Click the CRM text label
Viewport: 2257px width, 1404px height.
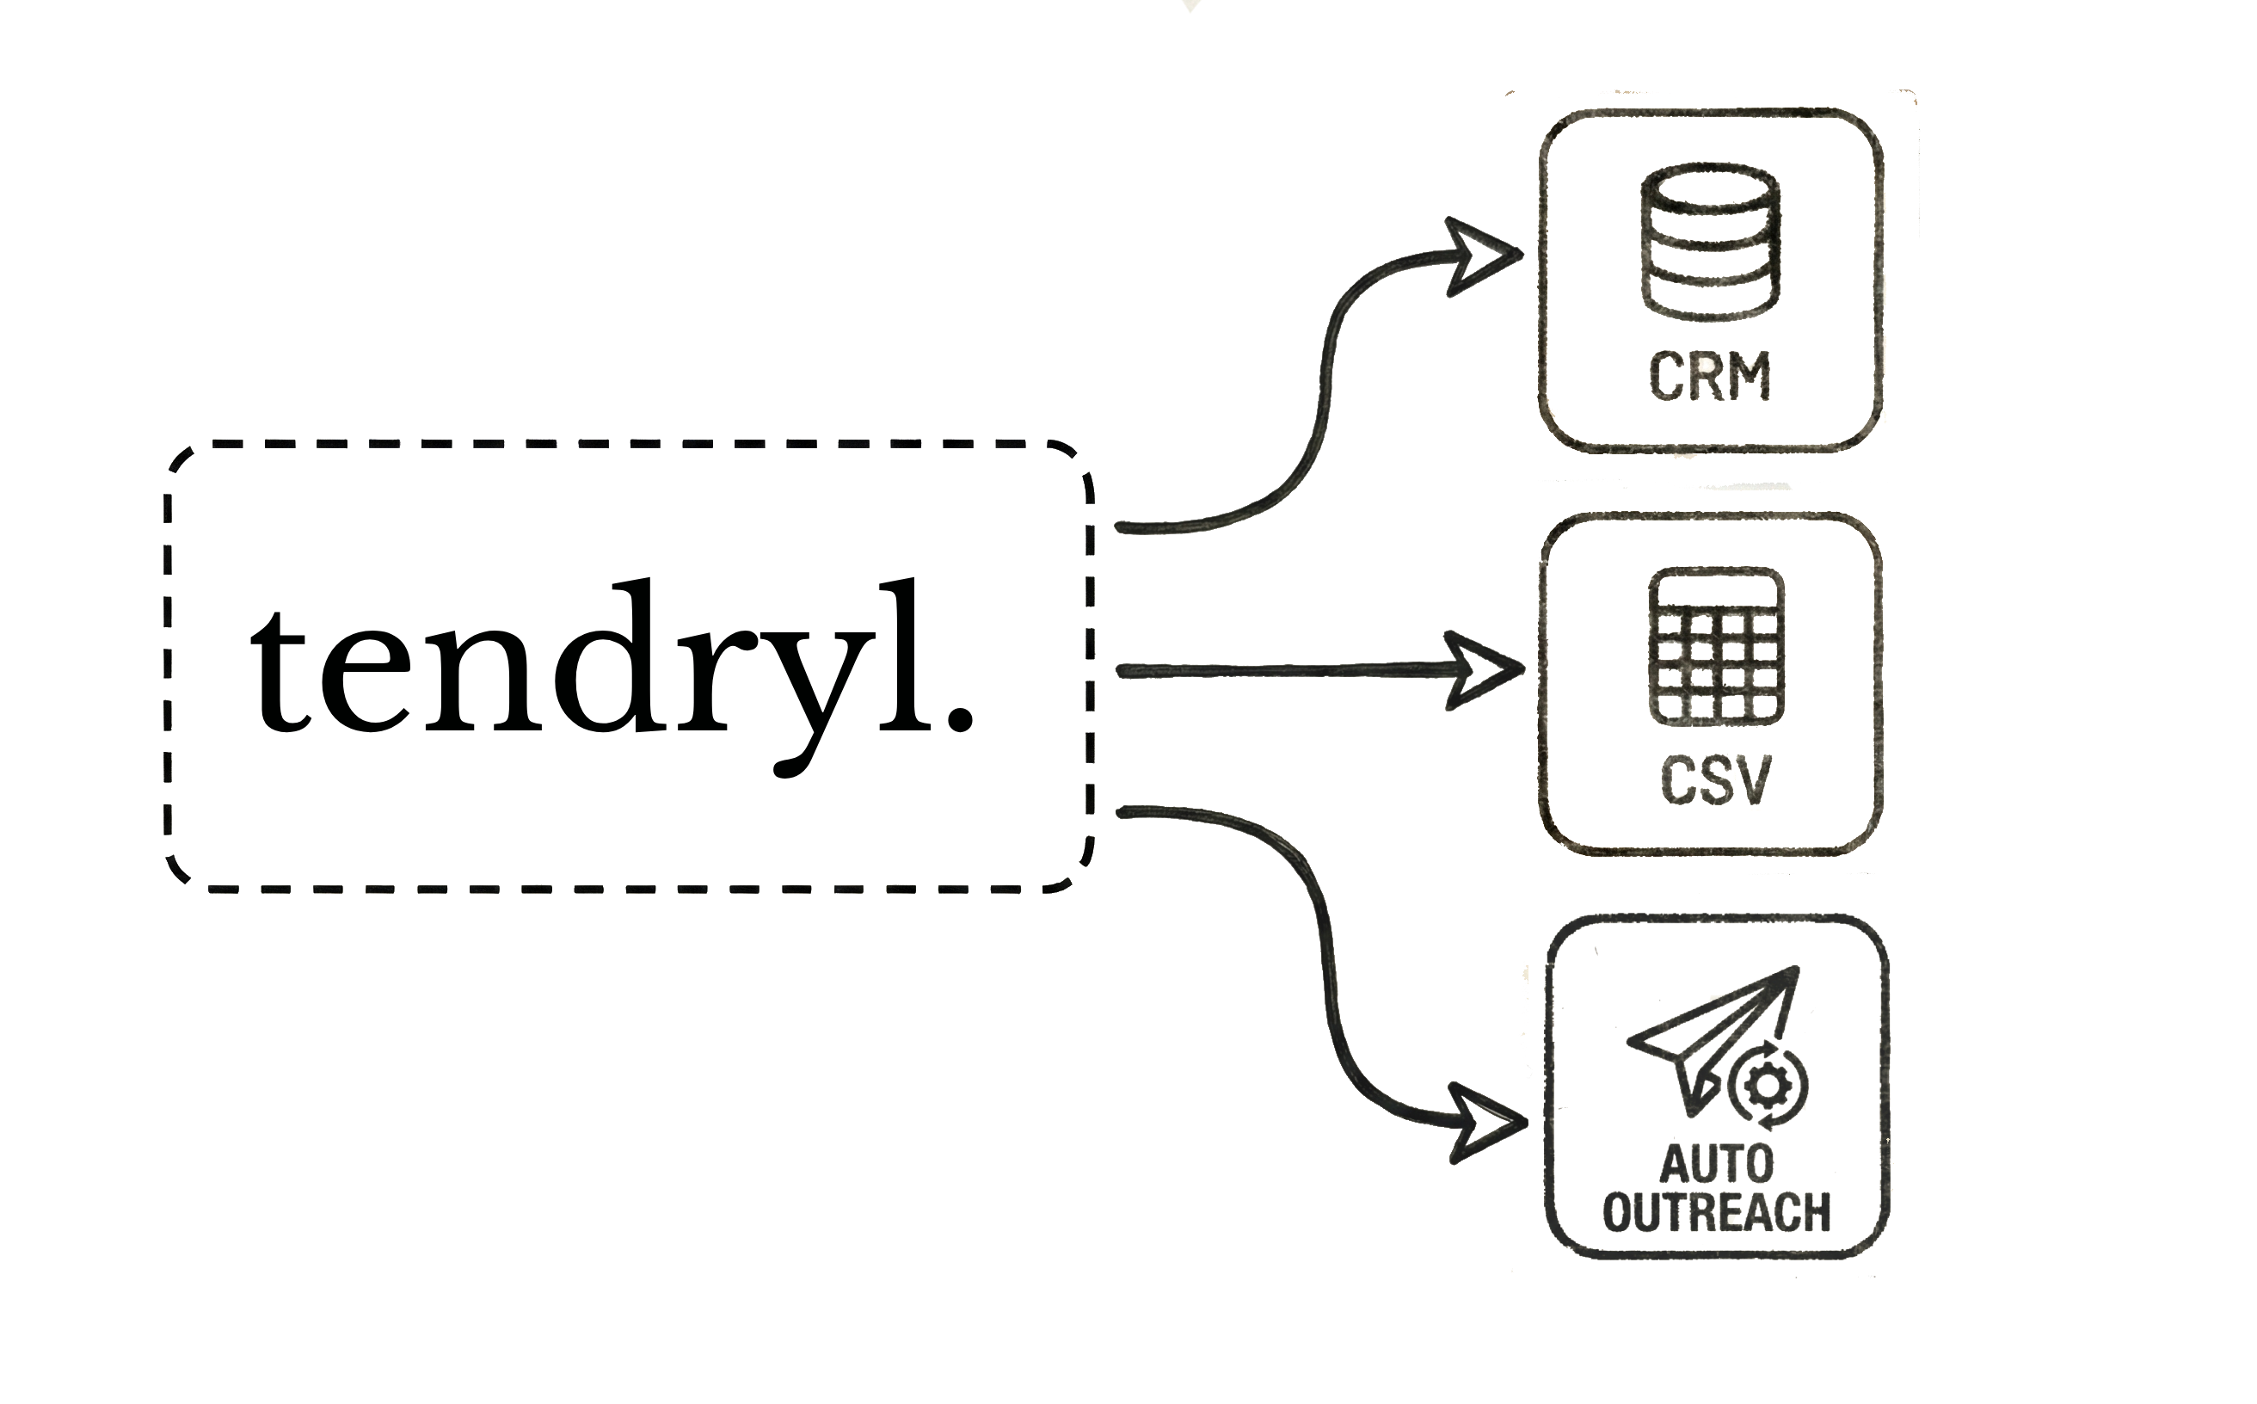[x=1710, y=375]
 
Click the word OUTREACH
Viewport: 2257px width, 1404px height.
[x=1717, y=1212]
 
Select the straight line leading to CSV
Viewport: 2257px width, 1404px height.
[x=1282, y=670]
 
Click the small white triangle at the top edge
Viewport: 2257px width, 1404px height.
[x=1190, y=5]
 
